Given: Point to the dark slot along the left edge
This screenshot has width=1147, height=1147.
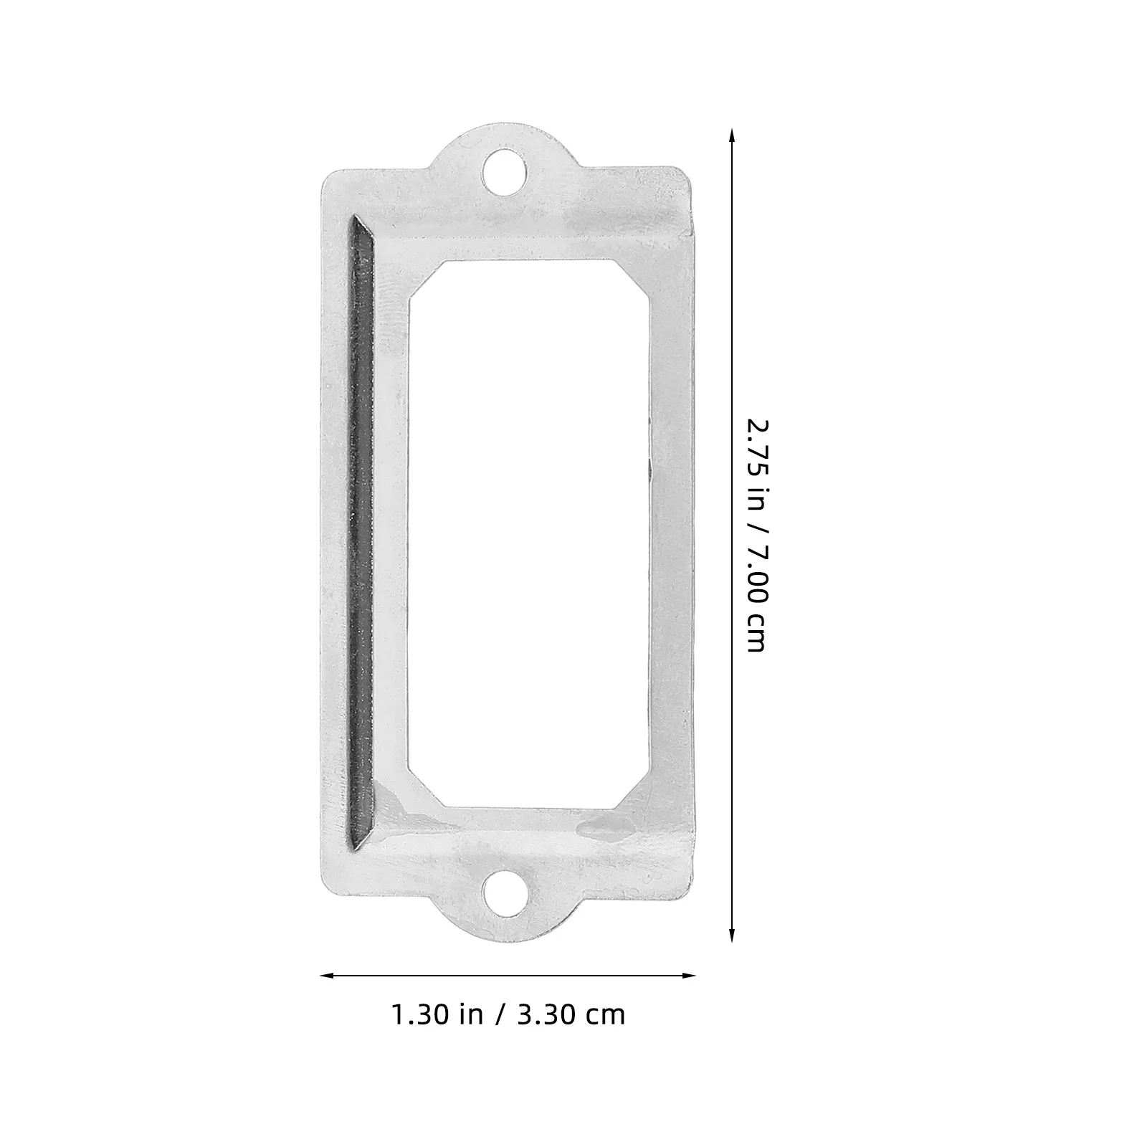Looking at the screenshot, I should [x=361, y=530].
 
